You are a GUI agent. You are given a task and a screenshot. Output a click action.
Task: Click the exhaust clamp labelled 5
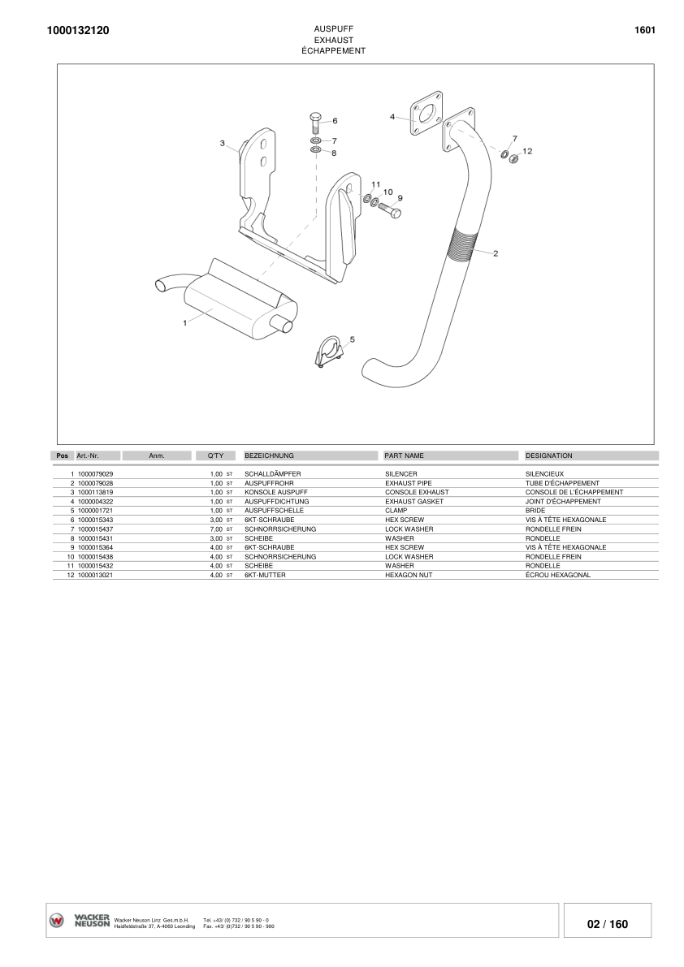pyautogui.click(x=327, y=352)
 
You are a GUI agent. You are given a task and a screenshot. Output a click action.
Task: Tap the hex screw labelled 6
pyautogui.click(x=315, y=123)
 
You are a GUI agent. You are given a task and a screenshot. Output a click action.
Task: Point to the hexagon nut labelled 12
pyautogui.click(x=513, y=158)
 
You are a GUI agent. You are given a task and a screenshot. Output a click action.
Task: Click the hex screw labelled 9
pyautogui.click(x=389, y=210)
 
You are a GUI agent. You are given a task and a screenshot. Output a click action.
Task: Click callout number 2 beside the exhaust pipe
pyautogui.click(x=496, y=253)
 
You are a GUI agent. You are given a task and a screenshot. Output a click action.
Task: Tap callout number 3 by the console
pyautogui.click(x=223, y=144)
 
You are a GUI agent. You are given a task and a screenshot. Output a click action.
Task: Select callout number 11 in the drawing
pyautogui.click(x=375, y=184)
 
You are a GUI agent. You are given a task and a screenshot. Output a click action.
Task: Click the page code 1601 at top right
pyautogui.click(x=644, y=30)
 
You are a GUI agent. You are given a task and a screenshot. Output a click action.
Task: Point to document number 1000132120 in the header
pyautogui.click(x=73, y=31)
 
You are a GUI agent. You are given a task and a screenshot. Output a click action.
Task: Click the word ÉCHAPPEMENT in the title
pyautogui.click(x=333, y=50)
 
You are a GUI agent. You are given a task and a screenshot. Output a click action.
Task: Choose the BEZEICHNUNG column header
pyautogui.click(x=269, y=456)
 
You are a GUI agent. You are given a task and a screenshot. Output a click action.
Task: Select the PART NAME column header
pyautogui.click(x=404, y=456)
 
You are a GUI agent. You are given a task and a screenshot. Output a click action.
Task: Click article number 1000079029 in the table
pyautogui.click(x=95, y=473)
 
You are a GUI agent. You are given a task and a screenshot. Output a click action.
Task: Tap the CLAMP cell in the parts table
pyautogui.click(x=396, y=511)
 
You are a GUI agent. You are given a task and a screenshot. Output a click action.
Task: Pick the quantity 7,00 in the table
pyautogui.click(x=216, y=529)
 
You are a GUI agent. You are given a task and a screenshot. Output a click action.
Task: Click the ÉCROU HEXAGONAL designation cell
pyautogui.click(x=557, y=576)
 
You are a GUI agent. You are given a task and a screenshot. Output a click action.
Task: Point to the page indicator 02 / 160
pyautogui.click(x=607, y=924)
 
